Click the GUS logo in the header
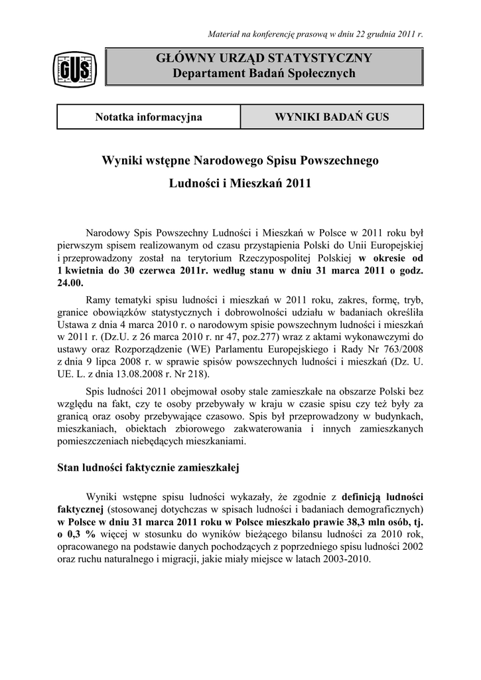point(76,68)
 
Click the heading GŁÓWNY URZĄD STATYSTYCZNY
point(264,58)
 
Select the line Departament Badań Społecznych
point(264,74)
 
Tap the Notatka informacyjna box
point(149,118)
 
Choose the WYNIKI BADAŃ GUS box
point(332,118)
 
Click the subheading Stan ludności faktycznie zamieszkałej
point(149,467)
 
